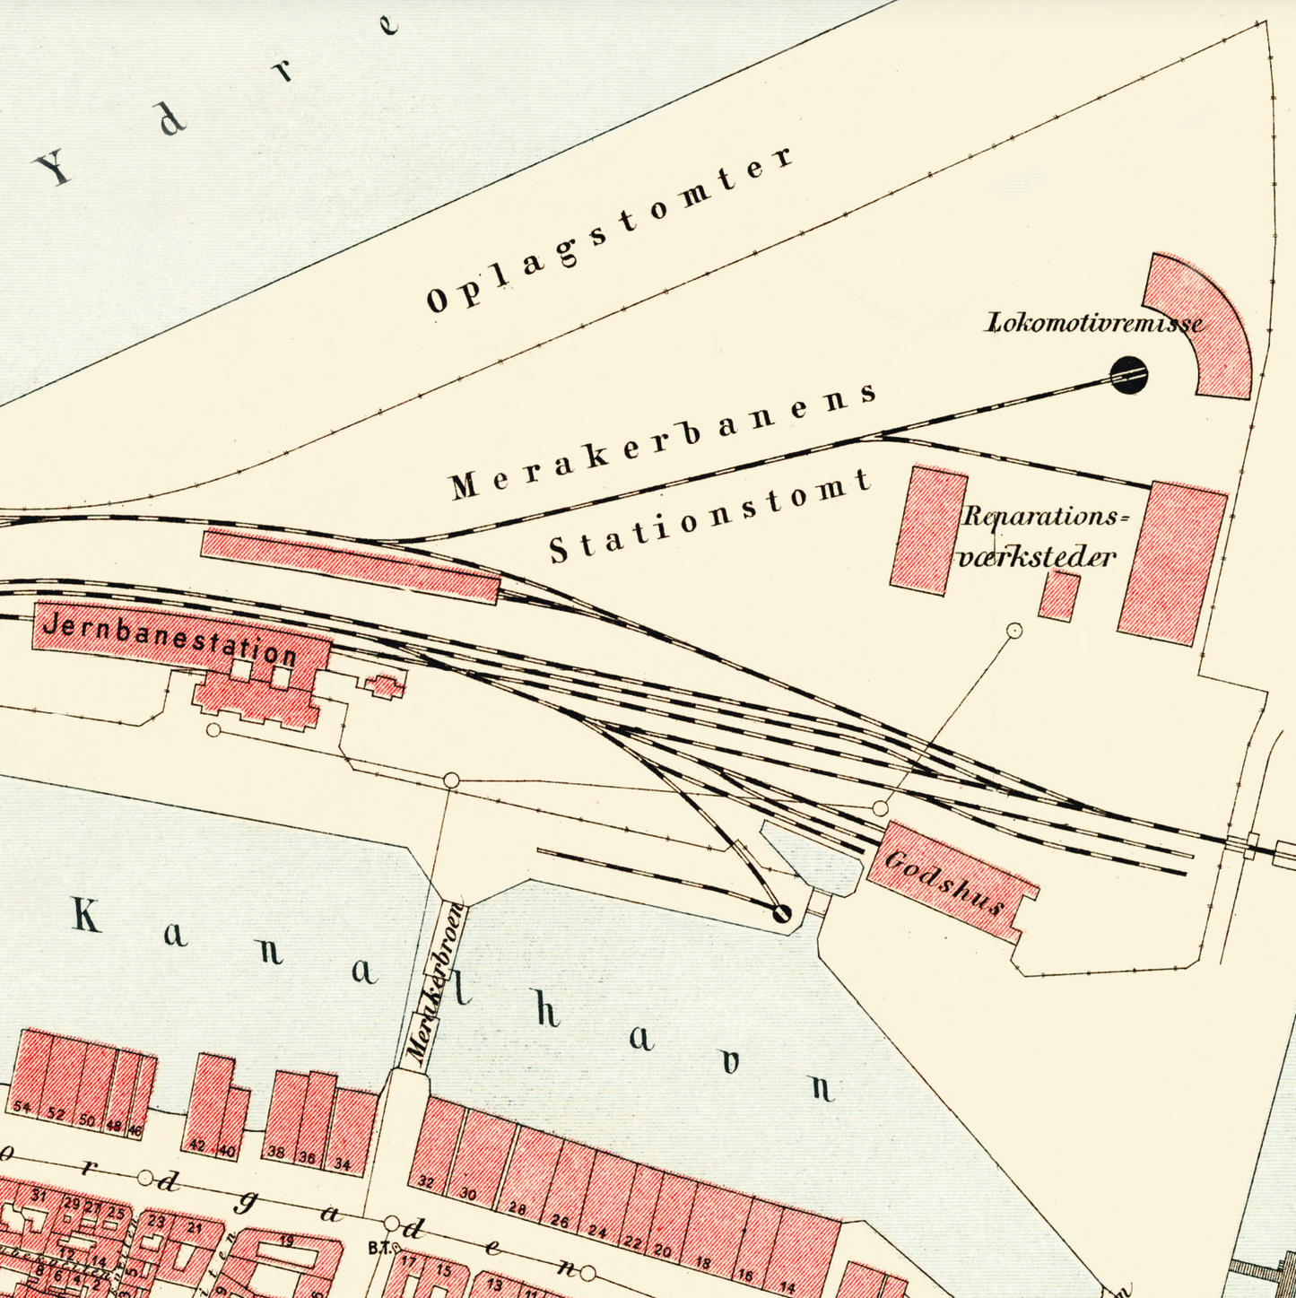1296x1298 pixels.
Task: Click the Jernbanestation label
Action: (x=170, y=639)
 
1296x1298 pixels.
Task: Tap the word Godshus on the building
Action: (x=944, y=883)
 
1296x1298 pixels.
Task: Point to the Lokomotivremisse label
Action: (x=1094, y=323)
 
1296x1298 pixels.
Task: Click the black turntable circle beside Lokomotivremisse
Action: (x=1128, y=375)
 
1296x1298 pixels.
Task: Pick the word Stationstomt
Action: (x=709, y=516)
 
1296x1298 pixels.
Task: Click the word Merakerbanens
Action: (x=664, y=440)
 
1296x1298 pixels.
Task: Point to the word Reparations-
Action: (x=1042, y=518)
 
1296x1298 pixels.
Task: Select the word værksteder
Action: (x=1037, y=557)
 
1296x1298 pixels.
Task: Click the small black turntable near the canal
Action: (x=782, y=913)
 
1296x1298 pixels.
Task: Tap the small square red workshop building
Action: (x=1058, y=597)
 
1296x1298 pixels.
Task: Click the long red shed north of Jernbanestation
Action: (x=350, y=566)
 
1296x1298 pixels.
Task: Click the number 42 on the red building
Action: (x=196, y=1146)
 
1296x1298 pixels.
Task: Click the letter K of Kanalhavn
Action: (x=86, y=916)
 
